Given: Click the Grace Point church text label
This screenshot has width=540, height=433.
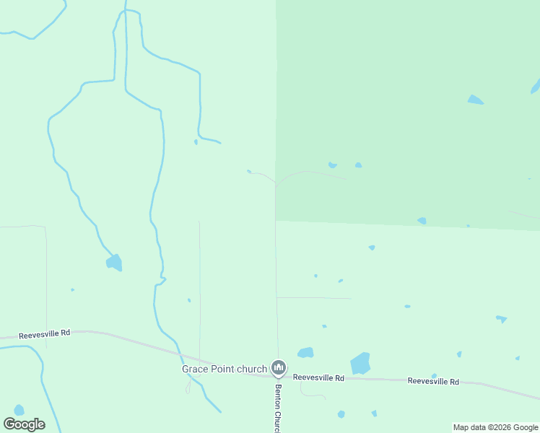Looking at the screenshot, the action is click(224, 369).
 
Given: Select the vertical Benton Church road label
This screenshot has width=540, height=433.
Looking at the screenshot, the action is click(277, 408).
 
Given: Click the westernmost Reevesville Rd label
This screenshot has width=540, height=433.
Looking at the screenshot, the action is click(44, 333).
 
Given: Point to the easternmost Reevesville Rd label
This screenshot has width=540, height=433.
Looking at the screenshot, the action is click(433, 381).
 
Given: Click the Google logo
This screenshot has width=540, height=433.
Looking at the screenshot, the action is click(25, 424).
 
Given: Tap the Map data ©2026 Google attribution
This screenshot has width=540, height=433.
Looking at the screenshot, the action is click(496, 427).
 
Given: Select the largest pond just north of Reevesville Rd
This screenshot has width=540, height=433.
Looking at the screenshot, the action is click(360, 363).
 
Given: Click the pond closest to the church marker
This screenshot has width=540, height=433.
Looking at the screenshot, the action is click(305, 353).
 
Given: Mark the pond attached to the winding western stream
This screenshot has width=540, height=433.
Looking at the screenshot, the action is click(114, 263).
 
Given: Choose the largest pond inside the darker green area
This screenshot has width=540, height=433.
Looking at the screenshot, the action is click(475, 100).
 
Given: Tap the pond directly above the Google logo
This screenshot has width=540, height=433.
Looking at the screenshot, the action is click(19, 410).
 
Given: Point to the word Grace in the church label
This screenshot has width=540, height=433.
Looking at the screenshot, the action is click(193, 369).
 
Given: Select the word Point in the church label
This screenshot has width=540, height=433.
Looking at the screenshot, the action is click(222, 369).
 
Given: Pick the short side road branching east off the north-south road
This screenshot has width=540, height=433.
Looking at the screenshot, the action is click(313, 297).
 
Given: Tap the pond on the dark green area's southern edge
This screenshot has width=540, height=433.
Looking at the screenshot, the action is click(422, 221).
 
